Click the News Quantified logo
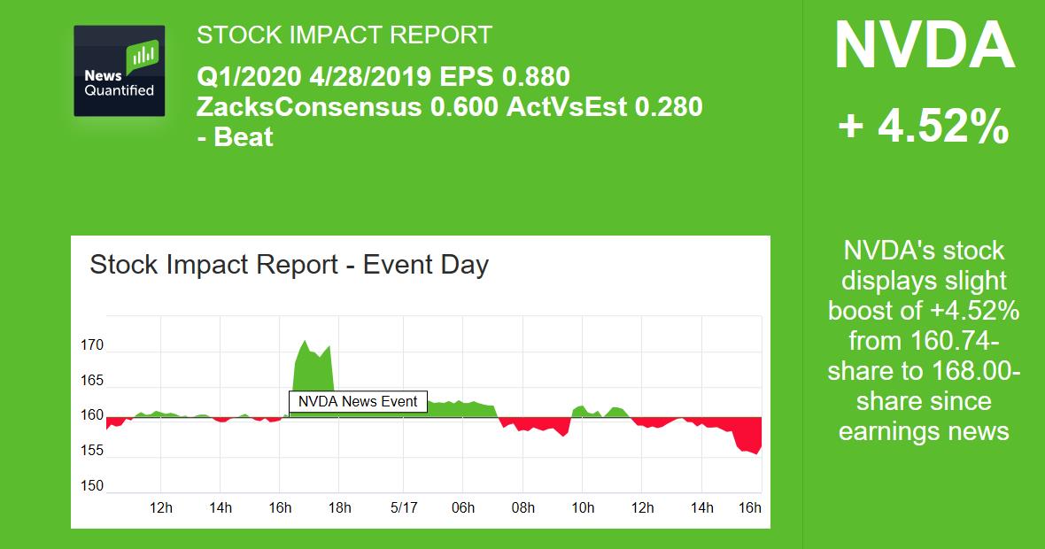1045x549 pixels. point(120,71)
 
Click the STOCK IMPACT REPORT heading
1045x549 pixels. point(344,35)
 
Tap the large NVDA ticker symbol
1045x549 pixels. point(924,47)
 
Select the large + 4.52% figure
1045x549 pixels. point(924,128)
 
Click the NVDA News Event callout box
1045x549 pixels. point(358,401)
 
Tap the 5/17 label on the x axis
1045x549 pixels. point(404,507)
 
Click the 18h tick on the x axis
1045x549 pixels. point(339,507)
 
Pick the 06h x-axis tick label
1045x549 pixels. point(463,507)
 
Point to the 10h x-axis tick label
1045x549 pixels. point(583,507)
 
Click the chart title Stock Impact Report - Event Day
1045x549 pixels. point(289,265)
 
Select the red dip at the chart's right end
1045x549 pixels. point(751,437)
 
